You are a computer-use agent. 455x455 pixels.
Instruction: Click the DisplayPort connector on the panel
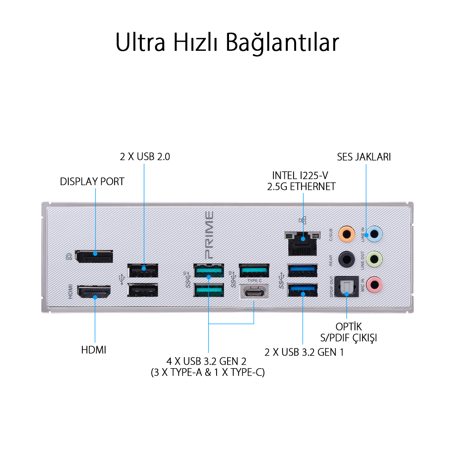click(94, 256)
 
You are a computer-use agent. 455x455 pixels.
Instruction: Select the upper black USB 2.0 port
click(143, 270)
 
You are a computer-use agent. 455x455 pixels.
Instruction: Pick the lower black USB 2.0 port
click(143, 290)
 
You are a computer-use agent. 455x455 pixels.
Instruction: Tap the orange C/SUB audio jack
click(347, 234)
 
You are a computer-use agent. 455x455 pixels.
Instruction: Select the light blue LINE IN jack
click(374, 234)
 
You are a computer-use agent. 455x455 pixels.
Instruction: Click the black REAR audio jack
click(347, 259)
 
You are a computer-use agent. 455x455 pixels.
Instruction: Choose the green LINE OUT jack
click(374, 259)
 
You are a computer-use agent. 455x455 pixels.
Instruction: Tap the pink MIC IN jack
click(374, 284)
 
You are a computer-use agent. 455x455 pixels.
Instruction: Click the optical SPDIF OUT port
click(347, 286)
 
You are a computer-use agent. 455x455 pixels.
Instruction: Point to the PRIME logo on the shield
click(209, 235)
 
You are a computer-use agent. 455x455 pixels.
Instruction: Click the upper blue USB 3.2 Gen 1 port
click(302, 270)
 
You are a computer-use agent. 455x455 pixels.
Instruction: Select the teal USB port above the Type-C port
click(254, 270)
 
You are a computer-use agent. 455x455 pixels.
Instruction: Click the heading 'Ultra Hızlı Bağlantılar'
click(227, 42)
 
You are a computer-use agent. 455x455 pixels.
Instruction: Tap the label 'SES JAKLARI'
click(364, 157)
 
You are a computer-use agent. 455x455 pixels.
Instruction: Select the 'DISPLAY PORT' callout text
click(92, 181)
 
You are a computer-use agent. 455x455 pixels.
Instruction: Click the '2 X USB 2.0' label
click(145, 157)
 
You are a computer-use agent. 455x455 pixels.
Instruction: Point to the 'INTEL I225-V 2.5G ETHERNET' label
click(301, 181)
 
